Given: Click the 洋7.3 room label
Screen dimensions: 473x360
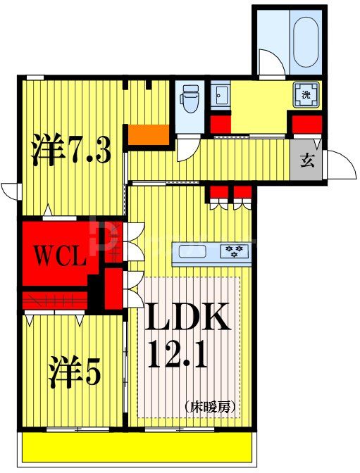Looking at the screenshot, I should (x=70, y=150).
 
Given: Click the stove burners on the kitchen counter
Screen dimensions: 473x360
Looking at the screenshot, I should (x=233, y=251).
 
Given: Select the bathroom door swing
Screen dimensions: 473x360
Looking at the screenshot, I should (x=271, y=60).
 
